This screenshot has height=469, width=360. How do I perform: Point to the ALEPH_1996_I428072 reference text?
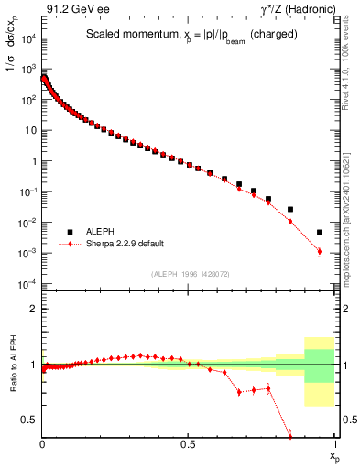click(x=189, y=273)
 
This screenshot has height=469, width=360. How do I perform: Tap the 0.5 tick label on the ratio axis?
click(x=31, y=420)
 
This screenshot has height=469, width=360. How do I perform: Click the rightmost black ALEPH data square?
click(x=320, y=232)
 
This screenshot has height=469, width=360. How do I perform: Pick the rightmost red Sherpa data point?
click(x=320, y=251)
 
